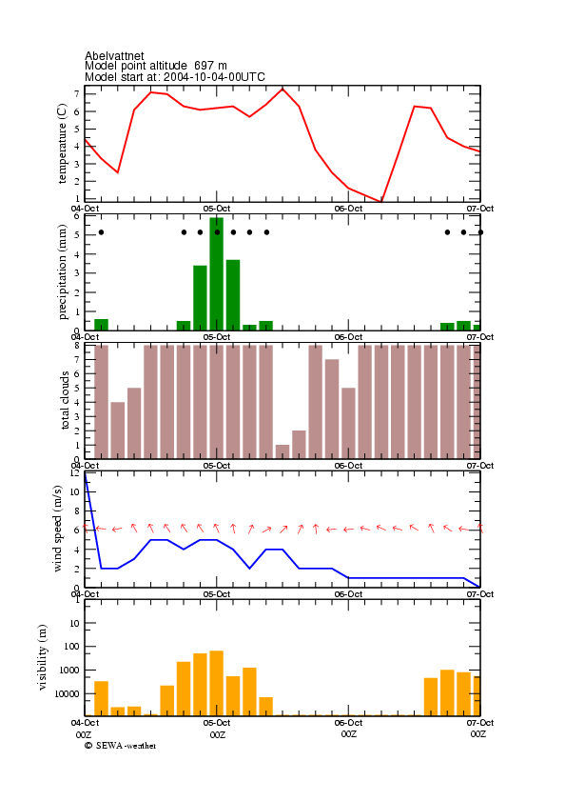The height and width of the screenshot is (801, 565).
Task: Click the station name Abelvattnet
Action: click(x=114, y=55)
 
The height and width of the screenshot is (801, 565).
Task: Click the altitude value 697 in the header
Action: click(x=204, y=66)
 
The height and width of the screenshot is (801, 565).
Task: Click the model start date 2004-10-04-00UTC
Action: click(x=214, y=77)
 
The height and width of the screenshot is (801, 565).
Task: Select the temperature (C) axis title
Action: click(x=62, y=144)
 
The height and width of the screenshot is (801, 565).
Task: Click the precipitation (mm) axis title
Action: click(x=62, y=271)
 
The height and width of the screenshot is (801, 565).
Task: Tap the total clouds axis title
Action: click(x=65, y=400)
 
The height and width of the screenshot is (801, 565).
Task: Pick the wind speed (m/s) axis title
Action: click(x=57, y=529)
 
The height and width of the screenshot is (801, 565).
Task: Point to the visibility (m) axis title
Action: click(x=43, y=657)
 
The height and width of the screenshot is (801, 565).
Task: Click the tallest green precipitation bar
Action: click(x=217, y=273)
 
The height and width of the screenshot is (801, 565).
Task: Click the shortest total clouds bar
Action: click(x=282, y=451)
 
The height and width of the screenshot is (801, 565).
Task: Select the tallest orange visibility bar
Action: click(x=217, y=683)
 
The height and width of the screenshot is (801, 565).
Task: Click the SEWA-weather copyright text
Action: click(x=121, y=746)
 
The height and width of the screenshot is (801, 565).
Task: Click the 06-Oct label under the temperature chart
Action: click(x=348, y=209)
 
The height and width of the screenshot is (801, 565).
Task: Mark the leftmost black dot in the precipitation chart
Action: click(x=101, y=232)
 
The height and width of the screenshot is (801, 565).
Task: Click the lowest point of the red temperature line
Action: click(x=380, y=201)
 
